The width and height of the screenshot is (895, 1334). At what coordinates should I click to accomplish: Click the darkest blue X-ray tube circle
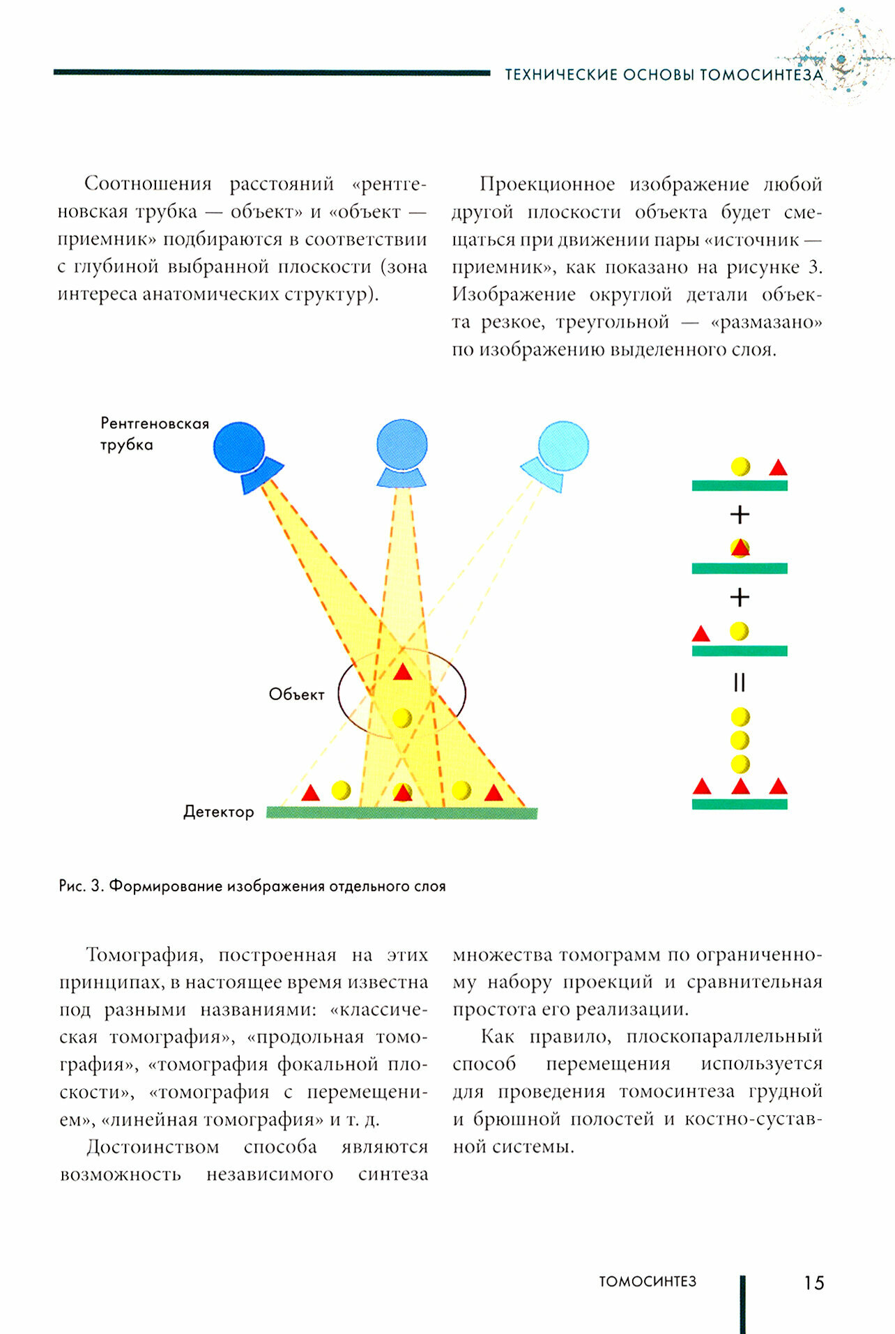coord(239,446)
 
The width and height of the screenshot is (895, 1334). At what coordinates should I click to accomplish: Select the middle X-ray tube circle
coord(402,444)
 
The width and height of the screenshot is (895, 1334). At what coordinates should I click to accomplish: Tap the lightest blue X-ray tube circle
coord(564,446)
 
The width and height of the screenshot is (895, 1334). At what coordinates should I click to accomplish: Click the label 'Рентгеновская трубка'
coord(154,434)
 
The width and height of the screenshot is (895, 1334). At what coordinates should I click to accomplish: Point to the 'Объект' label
coord(296,695)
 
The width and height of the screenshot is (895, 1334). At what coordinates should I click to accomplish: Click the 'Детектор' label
coord(218,812)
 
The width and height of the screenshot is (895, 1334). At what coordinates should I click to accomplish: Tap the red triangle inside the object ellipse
coord(403,673)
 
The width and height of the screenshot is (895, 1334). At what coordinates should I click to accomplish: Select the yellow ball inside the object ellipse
coord(402,718)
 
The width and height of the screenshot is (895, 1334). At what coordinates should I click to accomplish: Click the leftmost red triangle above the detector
coord(310,794)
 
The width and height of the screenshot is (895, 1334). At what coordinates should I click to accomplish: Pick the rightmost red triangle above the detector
coord(494,794)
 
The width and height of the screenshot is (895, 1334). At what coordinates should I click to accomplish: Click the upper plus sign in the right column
coord(740,515)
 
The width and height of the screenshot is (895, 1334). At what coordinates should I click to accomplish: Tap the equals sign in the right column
coord(740,682)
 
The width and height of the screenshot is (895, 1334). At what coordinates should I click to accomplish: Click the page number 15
coord(813,1283)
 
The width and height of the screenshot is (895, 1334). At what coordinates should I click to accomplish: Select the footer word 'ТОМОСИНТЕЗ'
coord(648,1282)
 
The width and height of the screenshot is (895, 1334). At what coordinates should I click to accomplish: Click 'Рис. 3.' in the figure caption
coord(82,886)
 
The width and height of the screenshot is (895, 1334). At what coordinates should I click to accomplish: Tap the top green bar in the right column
coord(740,485)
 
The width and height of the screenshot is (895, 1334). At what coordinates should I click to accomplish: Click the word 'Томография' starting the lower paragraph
coord(141,955)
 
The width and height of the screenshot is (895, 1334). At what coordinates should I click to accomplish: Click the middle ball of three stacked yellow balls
coord(740,740)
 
